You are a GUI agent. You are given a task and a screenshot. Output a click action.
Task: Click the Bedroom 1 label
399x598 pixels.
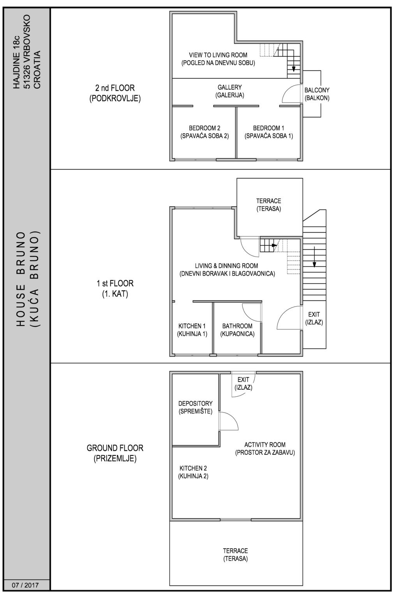(x=268, y=132)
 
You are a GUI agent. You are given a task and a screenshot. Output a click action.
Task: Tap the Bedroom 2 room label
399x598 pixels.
(x=205, y=132)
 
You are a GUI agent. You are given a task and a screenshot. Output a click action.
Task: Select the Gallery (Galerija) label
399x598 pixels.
(x=230, y=91)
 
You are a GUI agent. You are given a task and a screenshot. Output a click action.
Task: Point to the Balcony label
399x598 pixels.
(x=317, y=94)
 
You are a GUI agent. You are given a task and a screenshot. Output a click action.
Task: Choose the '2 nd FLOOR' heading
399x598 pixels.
(x=115, y=88)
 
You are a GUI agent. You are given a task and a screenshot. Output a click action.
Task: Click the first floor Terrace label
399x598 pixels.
(x=268, y=205)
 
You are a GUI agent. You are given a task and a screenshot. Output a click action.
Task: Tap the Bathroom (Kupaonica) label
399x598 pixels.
(x=237, y=330)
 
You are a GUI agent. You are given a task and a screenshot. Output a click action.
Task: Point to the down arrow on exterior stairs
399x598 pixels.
(x=314, y=257)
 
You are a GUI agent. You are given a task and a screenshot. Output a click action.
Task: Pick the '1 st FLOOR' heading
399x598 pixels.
(x=115, y=283)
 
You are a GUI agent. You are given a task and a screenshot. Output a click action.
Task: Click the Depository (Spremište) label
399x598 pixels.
(x=195, y=407)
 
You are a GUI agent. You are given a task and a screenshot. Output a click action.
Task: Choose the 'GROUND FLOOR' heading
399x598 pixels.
(x=115, y=448)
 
